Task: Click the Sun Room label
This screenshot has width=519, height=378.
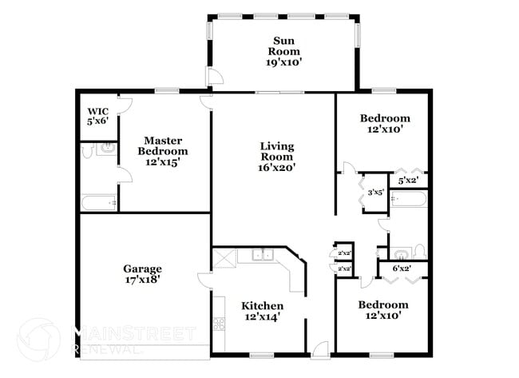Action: click(286, 51)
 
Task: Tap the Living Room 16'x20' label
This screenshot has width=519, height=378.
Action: click(277, 157)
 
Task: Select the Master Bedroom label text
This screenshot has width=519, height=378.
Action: click(163, 151)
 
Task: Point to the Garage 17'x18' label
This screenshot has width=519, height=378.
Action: click(142, 274)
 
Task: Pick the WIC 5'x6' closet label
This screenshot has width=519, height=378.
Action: click(97, 116)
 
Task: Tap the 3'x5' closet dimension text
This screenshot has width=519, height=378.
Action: click(375, 192)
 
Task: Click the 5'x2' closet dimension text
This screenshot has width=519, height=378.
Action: click(408, 180)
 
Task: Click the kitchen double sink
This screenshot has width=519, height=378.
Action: click(261, 255)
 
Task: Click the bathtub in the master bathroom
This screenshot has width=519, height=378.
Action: click(99, 203)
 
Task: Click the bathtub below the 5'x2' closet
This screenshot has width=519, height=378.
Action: click(408, 198)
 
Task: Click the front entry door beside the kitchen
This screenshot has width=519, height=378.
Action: click(320, 348)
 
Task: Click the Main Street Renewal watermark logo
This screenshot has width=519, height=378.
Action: click(38, 340)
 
